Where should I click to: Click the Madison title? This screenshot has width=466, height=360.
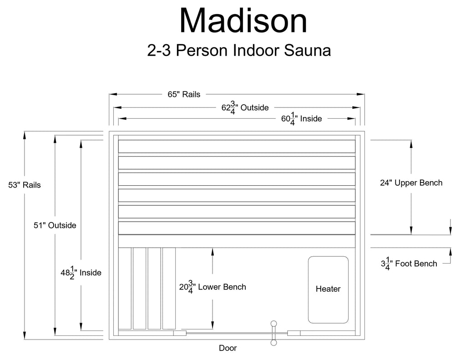click(243, 21)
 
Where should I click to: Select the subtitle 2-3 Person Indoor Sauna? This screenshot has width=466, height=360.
click(239, 50)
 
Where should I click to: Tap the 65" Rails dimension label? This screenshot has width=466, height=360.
click(184, 94)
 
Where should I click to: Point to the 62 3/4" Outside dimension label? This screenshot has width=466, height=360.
click(245, 107)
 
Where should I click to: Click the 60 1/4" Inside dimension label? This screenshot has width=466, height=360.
click(301, 119)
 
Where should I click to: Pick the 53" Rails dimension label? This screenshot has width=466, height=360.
click(25, 185)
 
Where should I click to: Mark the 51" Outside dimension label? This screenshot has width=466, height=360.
click(55, 225)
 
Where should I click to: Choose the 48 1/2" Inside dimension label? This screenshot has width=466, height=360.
click(81, 273)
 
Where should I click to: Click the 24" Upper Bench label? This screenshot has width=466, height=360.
click(411, 183)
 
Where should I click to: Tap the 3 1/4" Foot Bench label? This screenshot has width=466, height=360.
click(409, 264)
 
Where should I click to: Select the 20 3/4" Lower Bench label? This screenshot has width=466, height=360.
click(213, 287)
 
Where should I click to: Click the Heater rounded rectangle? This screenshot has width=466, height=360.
click(328, 290)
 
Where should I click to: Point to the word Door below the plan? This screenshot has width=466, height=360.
click(228, 348)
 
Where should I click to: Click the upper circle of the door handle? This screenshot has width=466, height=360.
click(274, 324)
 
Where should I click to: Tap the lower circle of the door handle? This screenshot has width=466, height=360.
click(274, 343)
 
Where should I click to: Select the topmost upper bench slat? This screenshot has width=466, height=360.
click(237, 147)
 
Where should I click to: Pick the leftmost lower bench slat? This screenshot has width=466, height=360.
click(125, 289)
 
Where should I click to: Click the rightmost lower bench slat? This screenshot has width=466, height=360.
click(169, 289)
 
